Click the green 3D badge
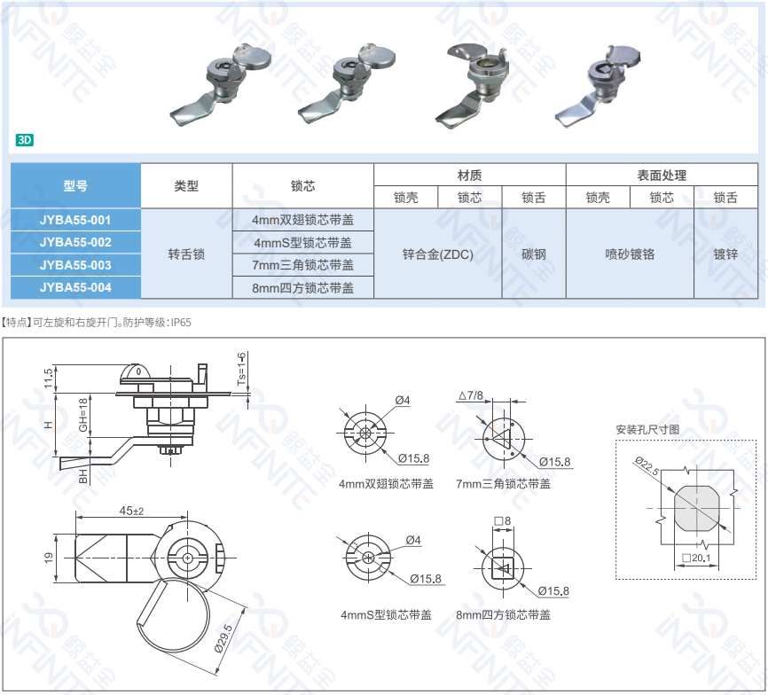tap(24, 140)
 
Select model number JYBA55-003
tap(75, 265)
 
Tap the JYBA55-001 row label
tap(75, 220)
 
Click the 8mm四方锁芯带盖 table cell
tap(302, 288)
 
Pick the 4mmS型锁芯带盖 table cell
tap(302, 242)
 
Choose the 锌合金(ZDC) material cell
tap(438, 254)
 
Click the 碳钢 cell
tap(533, 254)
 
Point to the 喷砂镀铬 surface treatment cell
tap(630, 254)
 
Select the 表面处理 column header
tap(662, 175)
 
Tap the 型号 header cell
tap(75, 185)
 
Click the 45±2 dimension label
tap(132, 511)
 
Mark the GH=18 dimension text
tap(82, 415)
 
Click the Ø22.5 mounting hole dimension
tap(647, 465)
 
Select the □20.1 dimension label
tap(696, 558)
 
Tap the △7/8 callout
tap(471, 395)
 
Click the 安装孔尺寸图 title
tap(647, 429)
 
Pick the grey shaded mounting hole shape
tap(696, 509)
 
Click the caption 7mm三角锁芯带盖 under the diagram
tap(503, 483)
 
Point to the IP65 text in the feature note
tap(181, 323)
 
